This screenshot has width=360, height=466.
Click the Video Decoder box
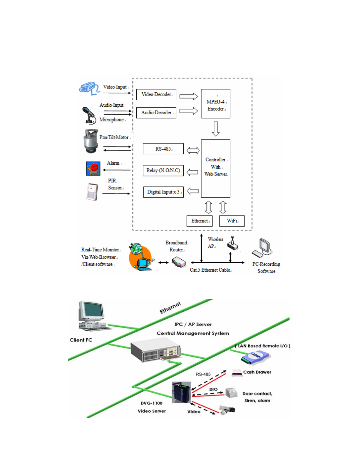[x=156, y=95]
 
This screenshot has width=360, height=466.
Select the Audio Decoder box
[x=156, y=113]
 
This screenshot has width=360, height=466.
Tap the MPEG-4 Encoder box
[x=215, y=104]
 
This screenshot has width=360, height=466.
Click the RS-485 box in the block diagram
[x=163, y=149]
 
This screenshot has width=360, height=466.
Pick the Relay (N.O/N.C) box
[x=163, y=171]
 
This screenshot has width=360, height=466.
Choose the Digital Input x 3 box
[x=163, y=192]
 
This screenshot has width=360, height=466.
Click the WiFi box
[x=232, y=221]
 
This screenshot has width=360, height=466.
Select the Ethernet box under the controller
[x=199, y=221]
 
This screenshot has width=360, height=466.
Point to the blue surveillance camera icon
[x=89, y=88]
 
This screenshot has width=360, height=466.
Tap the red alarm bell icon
[x=93, y=168]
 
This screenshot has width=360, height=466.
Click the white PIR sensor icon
[x=92, y=192]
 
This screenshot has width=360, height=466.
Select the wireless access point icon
[x=232, y=244]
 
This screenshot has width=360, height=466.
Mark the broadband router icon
[x=179, y=262]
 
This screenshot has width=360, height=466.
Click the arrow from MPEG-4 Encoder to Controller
[x=216, y=129]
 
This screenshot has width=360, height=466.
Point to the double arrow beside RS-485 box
[x=193, y=151]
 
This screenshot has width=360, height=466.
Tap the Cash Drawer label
[x=257, y=372]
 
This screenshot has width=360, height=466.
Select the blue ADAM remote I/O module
[x=255, y=357]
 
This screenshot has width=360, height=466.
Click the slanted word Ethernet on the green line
[x=170, y=308]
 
